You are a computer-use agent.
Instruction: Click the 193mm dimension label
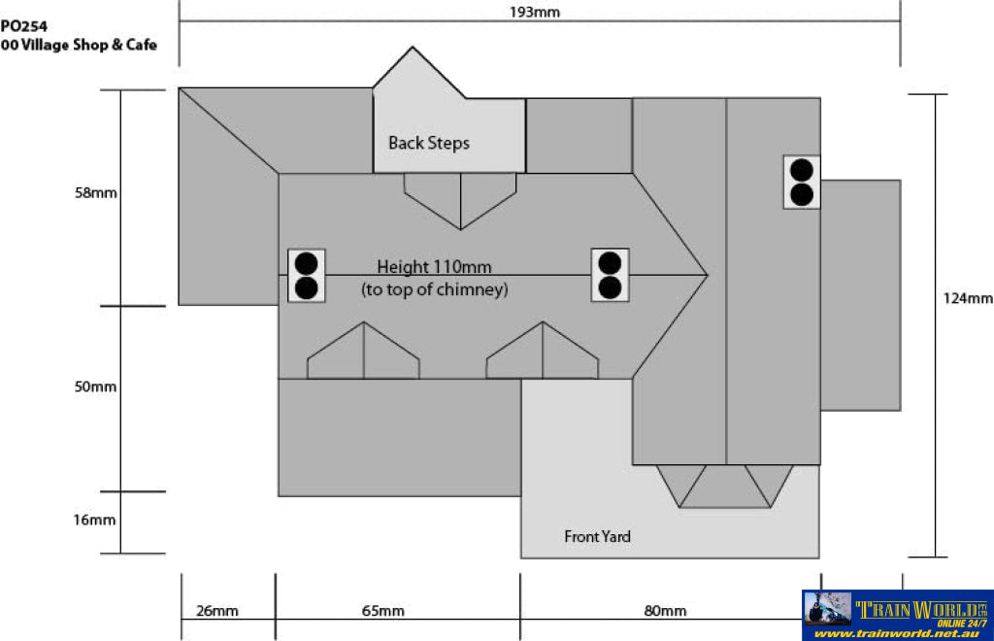click(x=535, y=12)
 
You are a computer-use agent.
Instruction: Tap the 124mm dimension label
click(x=968, y=298)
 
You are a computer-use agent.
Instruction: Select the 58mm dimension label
click(x=96, y=192)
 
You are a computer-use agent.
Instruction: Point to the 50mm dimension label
click(x=95, y=387)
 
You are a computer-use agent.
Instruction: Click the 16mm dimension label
click(x=94, y=520)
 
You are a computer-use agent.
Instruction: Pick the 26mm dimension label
click(x=216, y=611)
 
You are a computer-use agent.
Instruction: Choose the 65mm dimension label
click(x=382, y=611)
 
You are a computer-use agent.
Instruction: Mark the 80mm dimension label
click(x=665, y=611)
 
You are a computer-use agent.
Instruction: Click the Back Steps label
click(x=429, y=144)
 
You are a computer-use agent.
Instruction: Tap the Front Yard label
click(x=597, y=536)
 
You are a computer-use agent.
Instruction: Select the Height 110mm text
click(x=434, y=267)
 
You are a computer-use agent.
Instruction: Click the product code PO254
click(x=23, y=26)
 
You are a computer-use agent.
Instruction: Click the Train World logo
click(x=898, y=616)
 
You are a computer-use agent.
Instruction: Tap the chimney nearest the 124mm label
click(x=802, y=182)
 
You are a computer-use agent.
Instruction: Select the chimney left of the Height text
click(x=307, y=275)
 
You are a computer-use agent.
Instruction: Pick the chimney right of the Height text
click(x=610, y=275)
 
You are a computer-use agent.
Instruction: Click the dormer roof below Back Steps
click(x=460, y=200)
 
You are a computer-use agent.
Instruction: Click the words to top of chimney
click(x=435, y=289)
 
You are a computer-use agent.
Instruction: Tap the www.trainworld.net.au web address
click(x=899, y=633)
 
